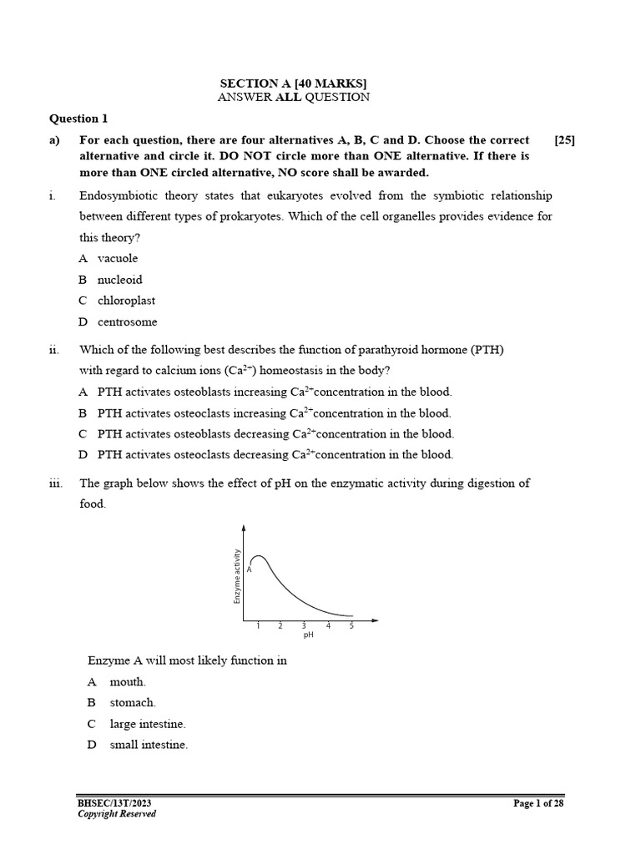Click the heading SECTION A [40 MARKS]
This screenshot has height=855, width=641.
coord(293,83)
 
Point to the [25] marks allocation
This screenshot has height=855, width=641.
coord(564,140)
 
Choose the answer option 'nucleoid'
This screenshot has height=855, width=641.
coord(119,280)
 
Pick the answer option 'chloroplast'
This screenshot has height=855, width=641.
coord(125,301)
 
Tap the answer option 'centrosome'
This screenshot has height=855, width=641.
coord(127,321)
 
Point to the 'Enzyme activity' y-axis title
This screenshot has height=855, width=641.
coord(237,576)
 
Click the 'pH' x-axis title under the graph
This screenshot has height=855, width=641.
coord(308,635)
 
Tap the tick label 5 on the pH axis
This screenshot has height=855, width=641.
coord(351,625)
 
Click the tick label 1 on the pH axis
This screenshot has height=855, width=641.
coord(258,625)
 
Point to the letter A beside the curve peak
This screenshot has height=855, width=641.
coord(249,569)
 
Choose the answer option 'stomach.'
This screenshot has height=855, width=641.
coord(133,703)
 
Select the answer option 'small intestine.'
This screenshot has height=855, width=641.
coord(149,745)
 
